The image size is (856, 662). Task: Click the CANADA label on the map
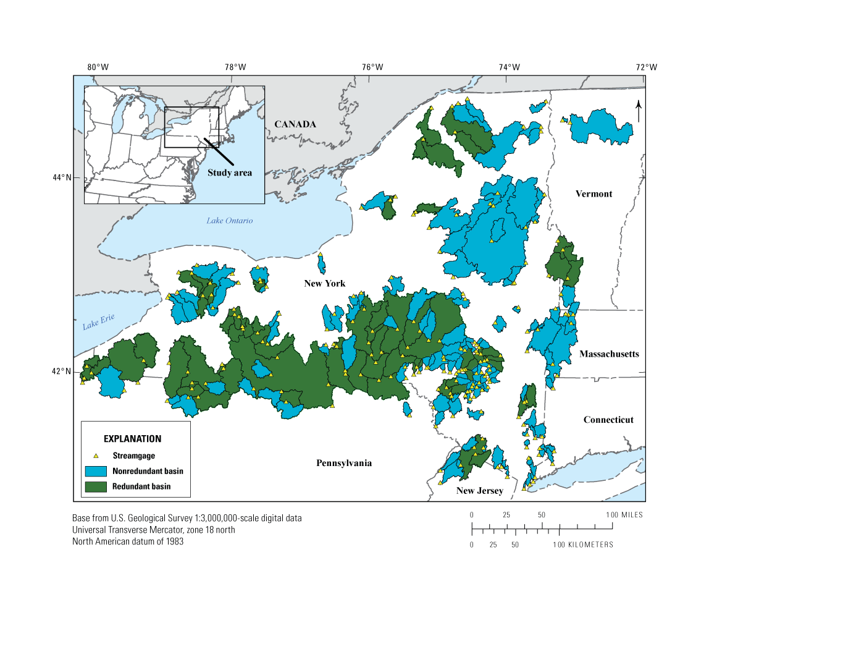295,124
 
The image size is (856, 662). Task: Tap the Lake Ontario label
229,221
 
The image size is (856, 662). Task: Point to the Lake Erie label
99,322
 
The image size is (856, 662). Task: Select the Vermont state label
594,194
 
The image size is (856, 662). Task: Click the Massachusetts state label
609,354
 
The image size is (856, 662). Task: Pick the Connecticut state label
608,420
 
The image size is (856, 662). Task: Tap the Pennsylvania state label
344,463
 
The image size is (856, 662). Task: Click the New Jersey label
479,491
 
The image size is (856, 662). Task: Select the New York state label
324,284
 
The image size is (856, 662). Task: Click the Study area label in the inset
229,173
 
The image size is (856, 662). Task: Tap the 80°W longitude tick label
98,67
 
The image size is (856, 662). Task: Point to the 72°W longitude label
647,67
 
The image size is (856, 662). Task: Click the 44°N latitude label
62,178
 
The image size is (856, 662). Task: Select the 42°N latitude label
62,371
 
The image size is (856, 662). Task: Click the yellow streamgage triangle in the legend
96,456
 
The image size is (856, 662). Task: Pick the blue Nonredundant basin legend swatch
96,471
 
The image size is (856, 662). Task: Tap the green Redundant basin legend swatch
96,486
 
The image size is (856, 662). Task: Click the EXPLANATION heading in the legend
132,439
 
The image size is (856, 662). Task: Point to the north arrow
639,111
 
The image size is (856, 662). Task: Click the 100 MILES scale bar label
624,515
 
